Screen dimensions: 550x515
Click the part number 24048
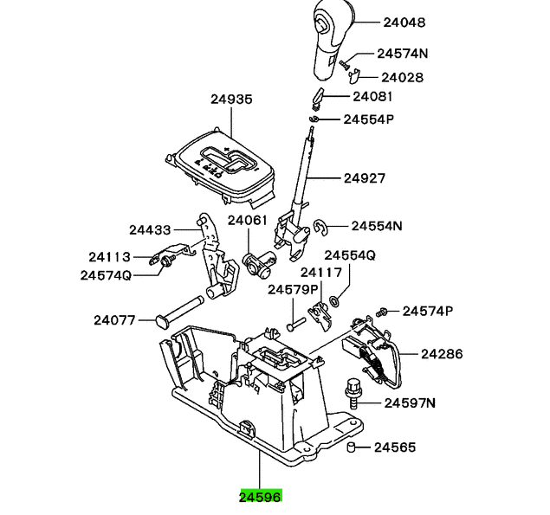pyautogui.click(x=404, y=23)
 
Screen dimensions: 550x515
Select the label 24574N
pyautogui.click(x=403, y=54)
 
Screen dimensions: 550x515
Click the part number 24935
pyautogui.click(x=231, y=100)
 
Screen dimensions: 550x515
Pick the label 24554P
pyautogui.click(x=369, y=119)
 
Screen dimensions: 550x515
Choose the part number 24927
pyautogui.click(x=365, y=178)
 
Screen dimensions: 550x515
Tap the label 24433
pyautogui.click(x=150, y=230)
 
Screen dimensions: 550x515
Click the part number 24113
pyautogui.click(x=109, y=257)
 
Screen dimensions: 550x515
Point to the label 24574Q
pyautogui.click(x=106, y=275)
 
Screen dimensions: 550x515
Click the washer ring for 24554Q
pyautogui.click(x=334, y=300)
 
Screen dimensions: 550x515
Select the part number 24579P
pyautogui.click(x=293, y=290)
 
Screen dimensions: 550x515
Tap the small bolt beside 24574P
pyautogui.click(x=381, y=312)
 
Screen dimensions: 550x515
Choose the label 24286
pyautogui.click(x=442, y=354)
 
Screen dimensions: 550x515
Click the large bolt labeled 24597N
pyautogui.click(x=353, y=394)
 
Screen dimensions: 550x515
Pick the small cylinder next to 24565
pyautogui.click(x=351, y=447)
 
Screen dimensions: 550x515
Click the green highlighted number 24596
pyautogui.click(x=260, y=496)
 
